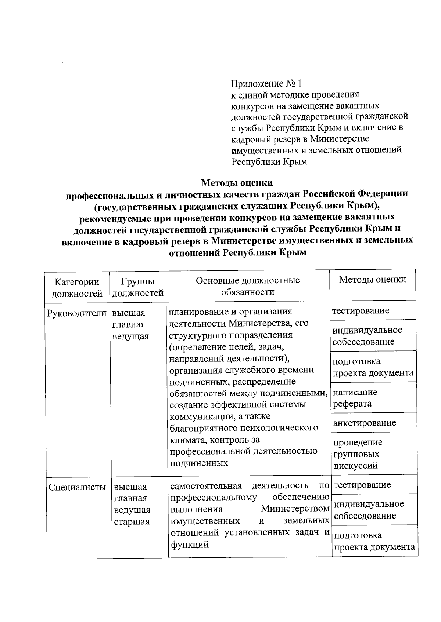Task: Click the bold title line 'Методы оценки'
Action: (x=237, y=182)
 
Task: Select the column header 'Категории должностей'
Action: (x=77, y=287)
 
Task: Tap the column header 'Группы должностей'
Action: (x=137, y=287)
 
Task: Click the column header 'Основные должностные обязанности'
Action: (x=248, y=286)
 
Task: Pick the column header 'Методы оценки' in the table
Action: (x=372, y=280)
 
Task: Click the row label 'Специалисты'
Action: (x=78, y=487)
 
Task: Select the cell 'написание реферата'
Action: (x=355, y=398)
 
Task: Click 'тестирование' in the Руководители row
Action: (x=361, y=311)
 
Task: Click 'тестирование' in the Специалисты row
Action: (x=362, y=485)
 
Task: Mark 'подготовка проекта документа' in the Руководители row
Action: (x=373, y=367)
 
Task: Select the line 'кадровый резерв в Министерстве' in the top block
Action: (x=300, y=139)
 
